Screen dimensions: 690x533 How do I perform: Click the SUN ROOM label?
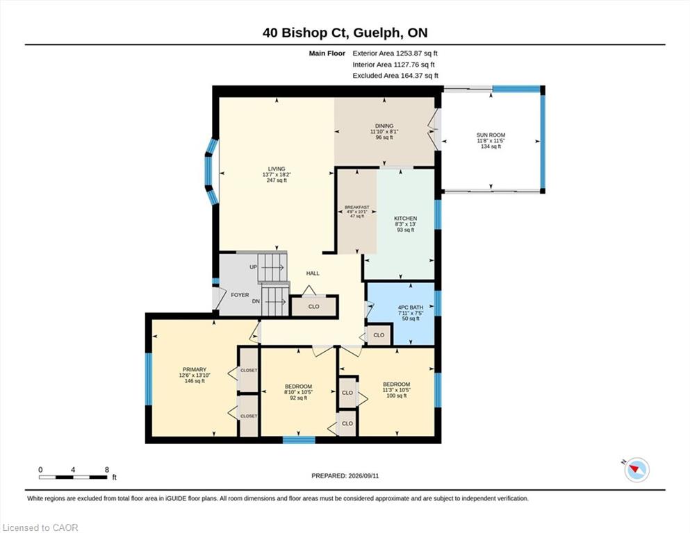pyautogui.click(x=491, y=135)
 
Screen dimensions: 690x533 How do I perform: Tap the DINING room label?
pyautogui.click(x=384, y=126)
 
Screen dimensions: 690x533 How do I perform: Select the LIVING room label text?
pyautogui.click(x=277, y=169)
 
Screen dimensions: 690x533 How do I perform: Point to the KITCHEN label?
pyautogui.click(x=405, y=219)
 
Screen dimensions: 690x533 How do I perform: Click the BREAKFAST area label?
pyautogui.click(x=357, y=207)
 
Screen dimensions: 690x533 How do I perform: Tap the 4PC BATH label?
pyautogui.click(x=411, y=307)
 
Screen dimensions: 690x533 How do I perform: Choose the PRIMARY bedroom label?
pyautogui.click(x=195, y=369)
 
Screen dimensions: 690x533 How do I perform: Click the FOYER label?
pyautogui.click(x=240, y=295)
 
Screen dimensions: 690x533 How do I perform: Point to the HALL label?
pyautogui.click(x=313, y=273)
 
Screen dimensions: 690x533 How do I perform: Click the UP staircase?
pyautogui.click(x=272, y=266)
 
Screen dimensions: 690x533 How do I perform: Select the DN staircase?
pyautogui.click(x=275, y=301)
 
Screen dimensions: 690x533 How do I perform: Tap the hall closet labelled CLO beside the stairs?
pyautogui.click(x=314, y=306)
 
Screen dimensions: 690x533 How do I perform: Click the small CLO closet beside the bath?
pyautogui.click(x=379, y=335)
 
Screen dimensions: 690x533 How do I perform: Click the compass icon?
pyautogui.click(x=636, y=470)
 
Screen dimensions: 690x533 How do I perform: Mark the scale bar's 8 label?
pyautogui.click(x=106, y=470)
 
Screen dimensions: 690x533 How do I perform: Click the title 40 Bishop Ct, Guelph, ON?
pyautogui.click(x=345, y=33)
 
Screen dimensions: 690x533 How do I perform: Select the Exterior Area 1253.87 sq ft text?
pyautogui.click(x=395, y=53)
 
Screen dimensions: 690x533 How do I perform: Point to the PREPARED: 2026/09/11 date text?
pyautogui.click(x=345, y=475)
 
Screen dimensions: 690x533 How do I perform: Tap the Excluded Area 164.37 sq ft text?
pyautogui.click(x=395, y=76)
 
